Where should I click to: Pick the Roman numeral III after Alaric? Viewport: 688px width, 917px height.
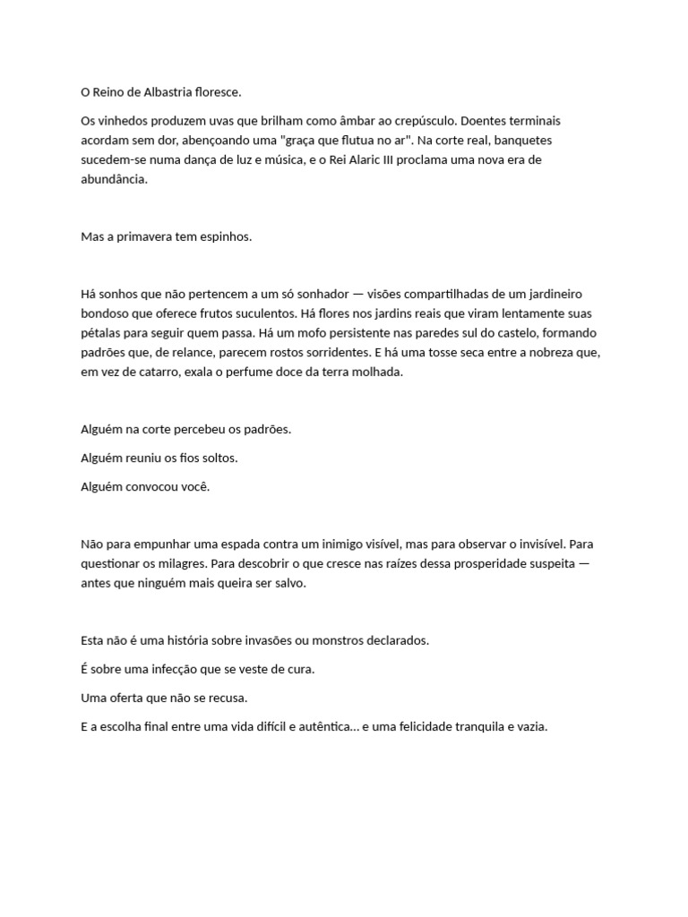tap(388, 159)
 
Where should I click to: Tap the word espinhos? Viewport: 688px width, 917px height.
tap(228, 237)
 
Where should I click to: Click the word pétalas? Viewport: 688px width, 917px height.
tap(100, 333)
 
